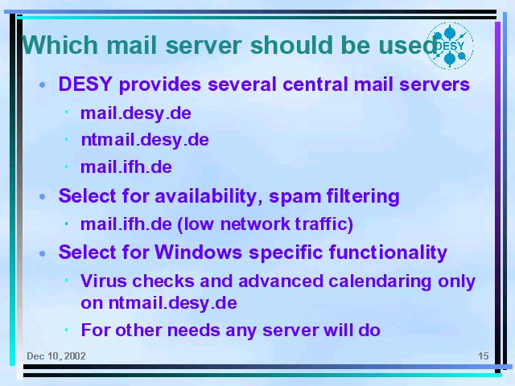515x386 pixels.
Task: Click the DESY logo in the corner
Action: (450, 46)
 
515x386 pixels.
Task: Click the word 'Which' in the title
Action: (60, 45)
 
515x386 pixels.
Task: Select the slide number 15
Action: (483, 355)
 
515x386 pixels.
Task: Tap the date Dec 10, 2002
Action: (56, 356)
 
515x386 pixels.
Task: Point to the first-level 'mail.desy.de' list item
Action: (136, 114)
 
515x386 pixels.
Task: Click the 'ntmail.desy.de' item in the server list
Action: (145, 140)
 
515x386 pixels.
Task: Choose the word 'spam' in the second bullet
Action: (295, 197)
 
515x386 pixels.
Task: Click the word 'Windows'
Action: (199, 253)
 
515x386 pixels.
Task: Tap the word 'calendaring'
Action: (380, 282)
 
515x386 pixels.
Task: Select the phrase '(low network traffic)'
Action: (265, 224)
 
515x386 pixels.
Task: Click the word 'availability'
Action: (208, 196)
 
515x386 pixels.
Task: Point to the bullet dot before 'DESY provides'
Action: (42, 85)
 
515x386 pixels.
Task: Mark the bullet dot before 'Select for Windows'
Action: (42, 254)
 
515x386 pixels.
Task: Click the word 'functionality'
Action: (388, 253)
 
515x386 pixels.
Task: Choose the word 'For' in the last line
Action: (96, 330)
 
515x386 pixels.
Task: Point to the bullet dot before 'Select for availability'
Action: (42, 197)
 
